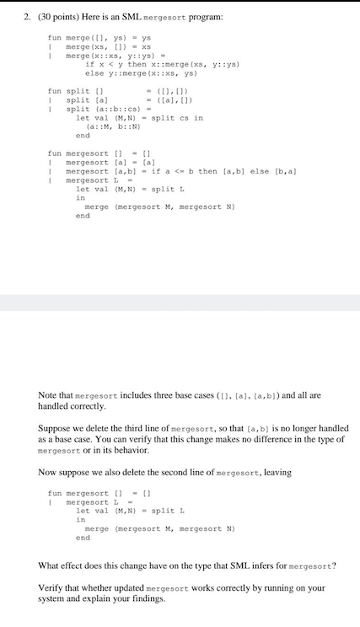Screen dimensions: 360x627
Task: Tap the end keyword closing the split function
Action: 82,135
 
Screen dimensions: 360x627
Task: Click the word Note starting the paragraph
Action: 48,394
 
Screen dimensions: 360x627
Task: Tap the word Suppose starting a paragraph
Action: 55,427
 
